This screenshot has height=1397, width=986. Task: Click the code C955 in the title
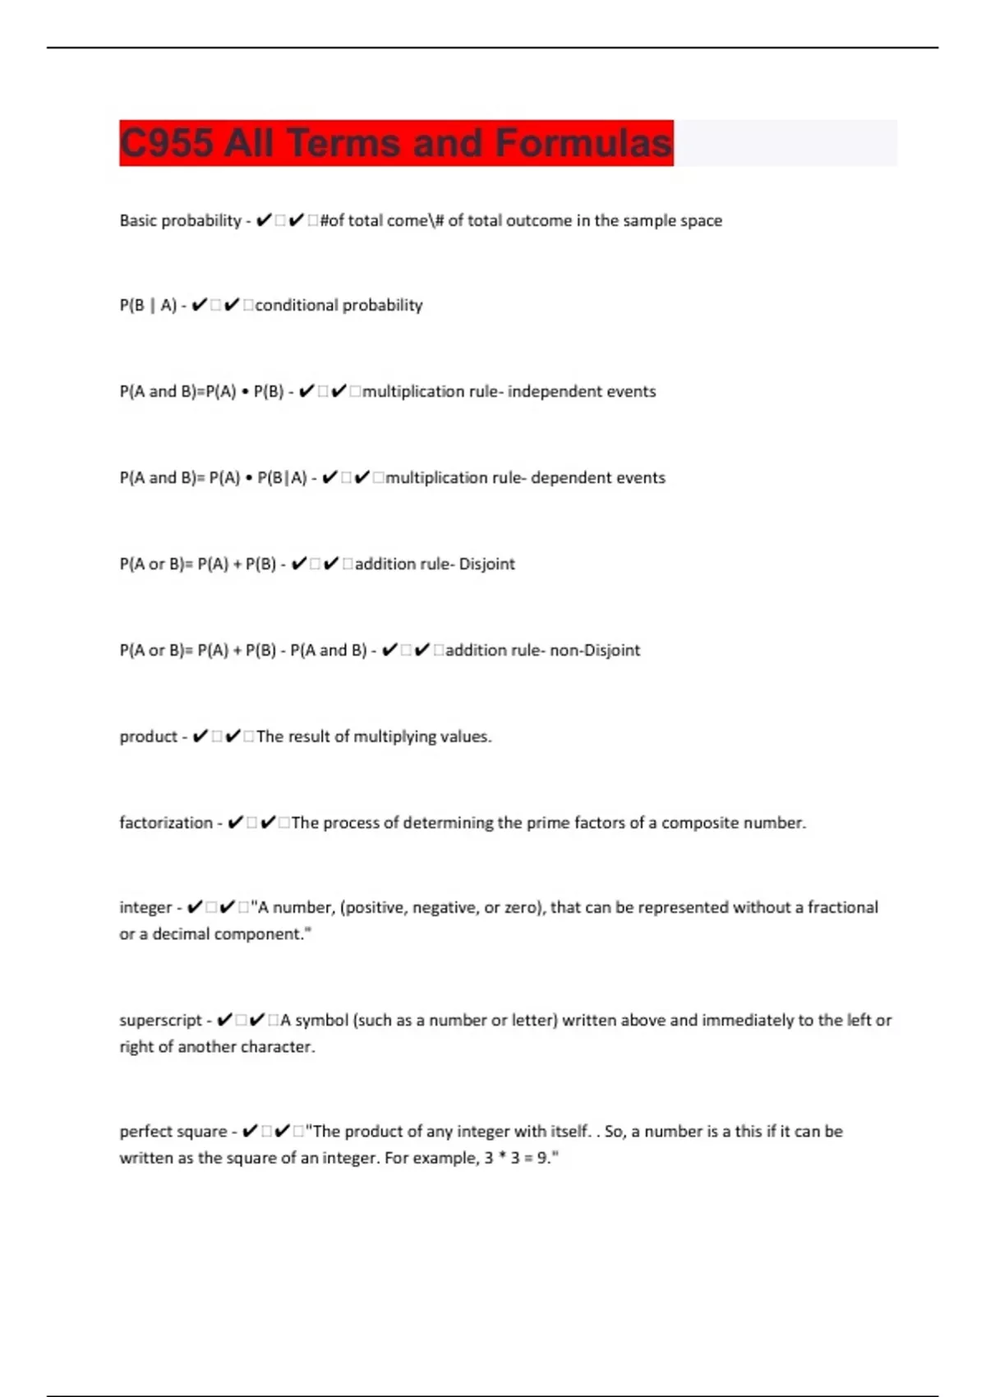point(167,143)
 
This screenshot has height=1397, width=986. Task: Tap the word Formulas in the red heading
point(583,143)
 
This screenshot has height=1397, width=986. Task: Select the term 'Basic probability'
point(180,220)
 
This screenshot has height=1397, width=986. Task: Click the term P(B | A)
point(148,306)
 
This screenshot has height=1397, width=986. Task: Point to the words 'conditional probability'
point(339,305)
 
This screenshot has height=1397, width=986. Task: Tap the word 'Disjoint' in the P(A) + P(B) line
point(486,564)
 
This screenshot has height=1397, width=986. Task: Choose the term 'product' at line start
point(148,736)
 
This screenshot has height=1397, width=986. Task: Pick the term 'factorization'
point(166,823)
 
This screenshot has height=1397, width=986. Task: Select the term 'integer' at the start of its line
point(145,907)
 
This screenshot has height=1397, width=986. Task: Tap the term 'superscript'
point(160,1020)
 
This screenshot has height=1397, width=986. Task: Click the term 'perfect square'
point(173,1132)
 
